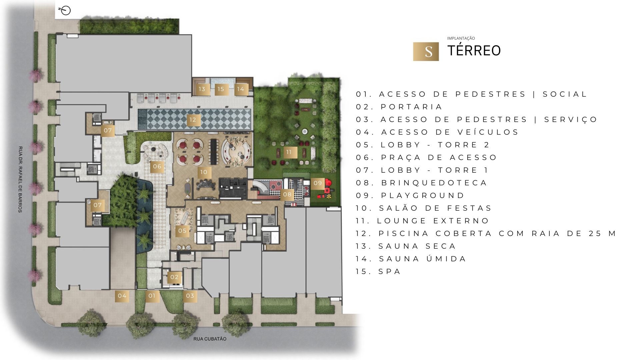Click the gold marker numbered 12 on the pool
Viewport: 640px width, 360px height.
point(193,120)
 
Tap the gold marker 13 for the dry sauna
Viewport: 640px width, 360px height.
point(202,89)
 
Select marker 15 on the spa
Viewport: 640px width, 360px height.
point(221,89)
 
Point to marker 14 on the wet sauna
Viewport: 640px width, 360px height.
point(241,89)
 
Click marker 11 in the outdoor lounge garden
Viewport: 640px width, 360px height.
point(289,152)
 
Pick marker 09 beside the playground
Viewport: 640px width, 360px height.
point(318,183)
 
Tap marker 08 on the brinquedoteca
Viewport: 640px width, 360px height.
point(287,194)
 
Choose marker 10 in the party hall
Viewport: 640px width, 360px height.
point(204,172)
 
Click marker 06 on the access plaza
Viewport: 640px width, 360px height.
point(157,166)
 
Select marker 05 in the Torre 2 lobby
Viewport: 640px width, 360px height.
point(182,231)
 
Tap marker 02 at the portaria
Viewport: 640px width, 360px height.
point(174,277)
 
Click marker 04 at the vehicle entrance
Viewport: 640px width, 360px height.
point(122,296)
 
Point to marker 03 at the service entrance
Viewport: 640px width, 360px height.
point(190,296)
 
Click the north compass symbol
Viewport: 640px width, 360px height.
point(65,11)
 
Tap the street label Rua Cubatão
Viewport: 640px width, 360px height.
point(210,339)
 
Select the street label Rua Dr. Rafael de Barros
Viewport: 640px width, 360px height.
point(20,179)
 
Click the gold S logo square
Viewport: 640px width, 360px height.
point(426,52)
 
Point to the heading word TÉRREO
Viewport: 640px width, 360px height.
point(474,51)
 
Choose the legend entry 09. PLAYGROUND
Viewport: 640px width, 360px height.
point(410,196)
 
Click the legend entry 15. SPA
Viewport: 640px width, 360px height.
point(378,272)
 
